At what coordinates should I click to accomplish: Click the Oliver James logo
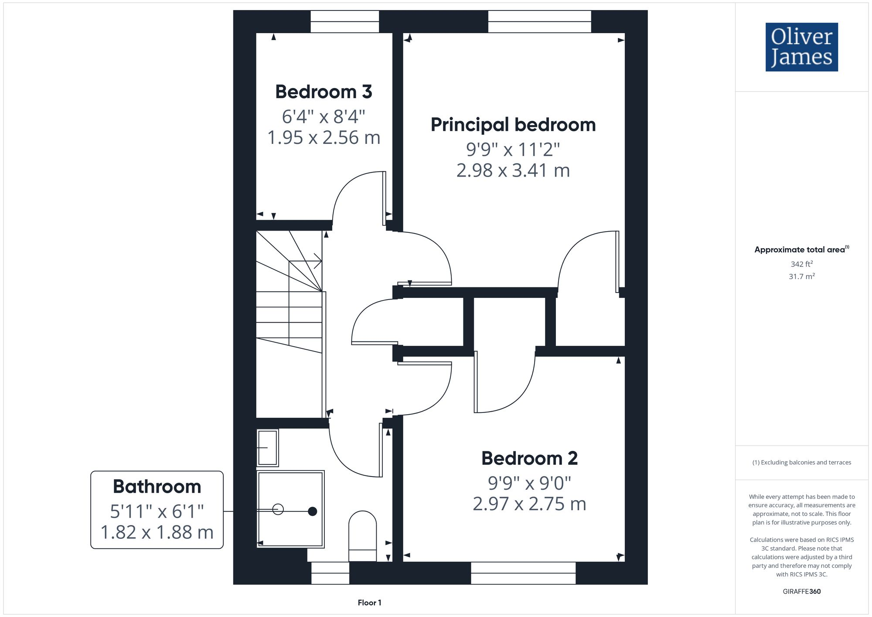tap(801, 47)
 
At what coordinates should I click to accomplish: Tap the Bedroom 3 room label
tap(324, 92)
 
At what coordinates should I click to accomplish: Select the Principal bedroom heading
tap(513, 125)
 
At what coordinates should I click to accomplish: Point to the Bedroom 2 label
tap(529, 458)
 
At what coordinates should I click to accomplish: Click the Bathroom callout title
tap(157, 487)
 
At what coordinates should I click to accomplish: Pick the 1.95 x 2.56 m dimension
tap(324, 138)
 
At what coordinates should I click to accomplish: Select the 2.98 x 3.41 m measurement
tap(513, 170)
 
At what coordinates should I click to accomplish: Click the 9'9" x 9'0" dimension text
tap(529, 483)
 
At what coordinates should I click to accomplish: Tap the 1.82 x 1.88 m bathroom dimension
tap(157, 532)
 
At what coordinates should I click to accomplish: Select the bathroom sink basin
tap(268, 447)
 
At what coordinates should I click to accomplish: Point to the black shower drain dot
tap(312, 511)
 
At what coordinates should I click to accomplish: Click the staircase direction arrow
tap(317, 262)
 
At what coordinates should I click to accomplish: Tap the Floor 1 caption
tap(369, 603)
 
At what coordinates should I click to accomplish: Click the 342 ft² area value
tap(801, 264)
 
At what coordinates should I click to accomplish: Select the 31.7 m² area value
tap(801, 276)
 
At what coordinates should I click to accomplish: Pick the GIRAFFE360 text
tap(801, 591)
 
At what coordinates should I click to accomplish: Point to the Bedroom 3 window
tap(344, 21)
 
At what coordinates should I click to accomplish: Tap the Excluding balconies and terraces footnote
tap(801, 462)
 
